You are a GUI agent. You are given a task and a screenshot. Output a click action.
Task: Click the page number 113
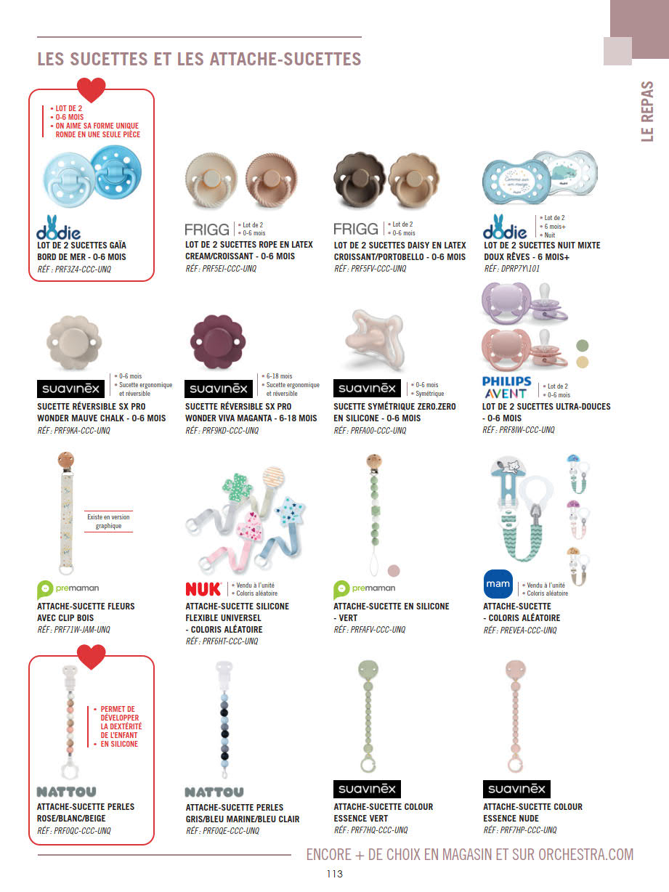coord(334,875)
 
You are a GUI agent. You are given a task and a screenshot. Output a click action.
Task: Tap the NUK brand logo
coord(203,588)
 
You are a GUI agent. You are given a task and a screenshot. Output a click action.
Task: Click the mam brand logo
coord(498,584)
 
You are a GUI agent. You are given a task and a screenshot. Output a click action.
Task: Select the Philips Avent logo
coord(506,387)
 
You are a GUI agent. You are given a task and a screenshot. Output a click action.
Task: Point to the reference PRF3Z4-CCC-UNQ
coord(75,269)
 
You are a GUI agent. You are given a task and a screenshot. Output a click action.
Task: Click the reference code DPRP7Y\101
coord(512,269)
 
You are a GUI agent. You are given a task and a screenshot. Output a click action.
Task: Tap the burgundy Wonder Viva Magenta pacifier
coord(217,341)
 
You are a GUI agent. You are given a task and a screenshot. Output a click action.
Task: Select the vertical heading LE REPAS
coord(648,110)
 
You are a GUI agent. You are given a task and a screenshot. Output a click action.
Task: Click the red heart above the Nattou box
coord(92,657)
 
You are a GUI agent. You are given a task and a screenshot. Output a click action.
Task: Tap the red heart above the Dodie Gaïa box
coord(92,90)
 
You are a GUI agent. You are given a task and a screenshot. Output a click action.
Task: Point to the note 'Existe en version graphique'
coord(109,522)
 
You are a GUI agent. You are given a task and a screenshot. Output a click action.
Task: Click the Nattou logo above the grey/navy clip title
coord(214,792)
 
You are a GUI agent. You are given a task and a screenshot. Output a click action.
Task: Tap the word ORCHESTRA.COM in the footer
coord(585,854)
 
